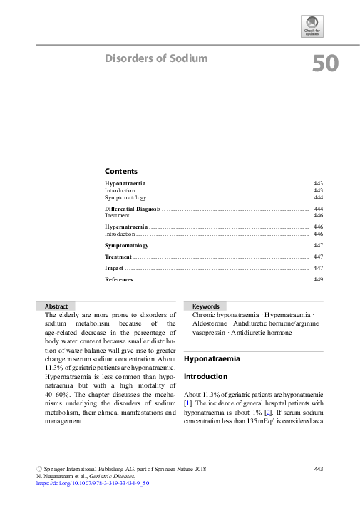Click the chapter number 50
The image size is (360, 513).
[x=325, y=65]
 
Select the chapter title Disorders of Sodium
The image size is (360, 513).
[x=156, y=58]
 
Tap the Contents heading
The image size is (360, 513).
[x=120, y=171]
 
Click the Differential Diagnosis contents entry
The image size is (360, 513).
[x=133, y=208]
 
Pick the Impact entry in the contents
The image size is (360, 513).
[x=114, y=268]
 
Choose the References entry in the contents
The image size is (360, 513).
[x=118, y=279]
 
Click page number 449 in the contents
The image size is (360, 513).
[x=319, y=279]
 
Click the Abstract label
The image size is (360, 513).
[x=56, y=306]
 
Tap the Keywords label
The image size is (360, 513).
[x=205, y=306]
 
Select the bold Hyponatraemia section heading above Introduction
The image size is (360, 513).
[x=212, y=359]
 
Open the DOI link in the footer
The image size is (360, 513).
[x=93, y=483]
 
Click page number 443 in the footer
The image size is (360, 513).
[x=319, y=468]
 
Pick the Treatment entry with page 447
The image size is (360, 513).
[x=118, y=256]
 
